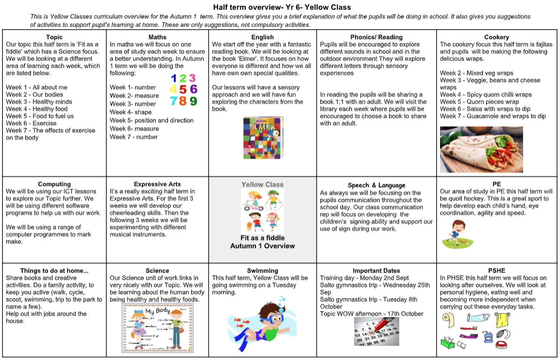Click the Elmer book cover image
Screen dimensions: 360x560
[263, 138]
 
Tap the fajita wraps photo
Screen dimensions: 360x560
[481, 149]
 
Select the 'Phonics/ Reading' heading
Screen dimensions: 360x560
[376, 37]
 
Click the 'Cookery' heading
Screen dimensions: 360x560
[496, 37]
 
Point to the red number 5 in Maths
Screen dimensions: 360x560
[182, 89]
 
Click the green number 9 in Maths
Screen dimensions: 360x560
[193, 101]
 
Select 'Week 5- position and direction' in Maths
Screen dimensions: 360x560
[152, 120]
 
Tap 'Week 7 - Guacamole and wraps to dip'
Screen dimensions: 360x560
[493, 116]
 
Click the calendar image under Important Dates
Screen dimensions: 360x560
[376, 331]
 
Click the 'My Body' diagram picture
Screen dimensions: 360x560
[157, 328]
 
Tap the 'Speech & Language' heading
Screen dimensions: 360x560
[376, 185]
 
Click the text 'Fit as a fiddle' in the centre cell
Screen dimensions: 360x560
[262, 238]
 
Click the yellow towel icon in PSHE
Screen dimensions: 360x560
[501, 320]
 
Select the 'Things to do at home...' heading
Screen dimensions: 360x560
[54, 271]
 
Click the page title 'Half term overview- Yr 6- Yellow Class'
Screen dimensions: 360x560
[282, 7]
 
